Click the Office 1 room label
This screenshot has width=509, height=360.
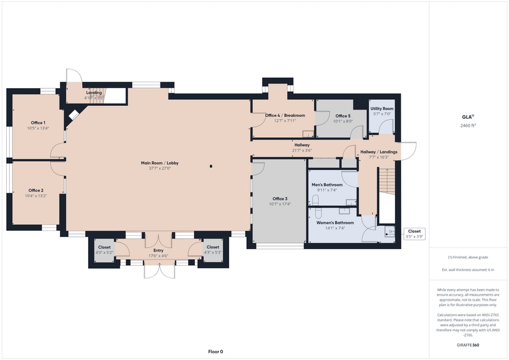38,122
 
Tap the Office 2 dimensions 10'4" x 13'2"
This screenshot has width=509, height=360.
36,196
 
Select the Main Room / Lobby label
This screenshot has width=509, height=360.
160,163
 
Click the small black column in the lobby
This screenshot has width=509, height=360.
211,166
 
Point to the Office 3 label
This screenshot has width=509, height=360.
280,198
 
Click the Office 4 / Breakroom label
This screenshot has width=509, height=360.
285,115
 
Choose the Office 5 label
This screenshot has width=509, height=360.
343,116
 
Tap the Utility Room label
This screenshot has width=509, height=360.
382,109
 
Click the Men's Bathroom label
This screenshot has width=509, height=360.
327,185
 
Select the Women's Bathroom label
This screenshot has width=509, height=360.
335,223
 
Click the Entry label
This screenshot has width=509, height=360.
159,250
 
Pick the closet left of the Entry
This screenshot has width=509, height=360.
104,250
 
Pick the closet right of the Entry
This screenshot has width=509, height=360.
213,250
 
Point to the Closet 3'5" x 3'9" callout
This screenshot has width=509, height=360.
414,234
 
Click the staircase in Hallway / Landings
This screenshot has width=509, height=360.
387,181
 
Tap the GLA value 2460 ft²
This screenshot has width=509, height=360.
468,126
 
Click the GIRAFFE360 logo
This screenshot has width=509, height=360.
468,345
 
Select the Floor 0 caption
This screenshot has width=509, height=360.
216,351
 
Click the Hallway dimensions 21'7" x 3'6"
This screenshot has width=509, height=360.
302,150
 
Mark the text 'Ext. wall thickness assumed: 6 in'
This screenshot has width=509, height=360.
468,270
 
